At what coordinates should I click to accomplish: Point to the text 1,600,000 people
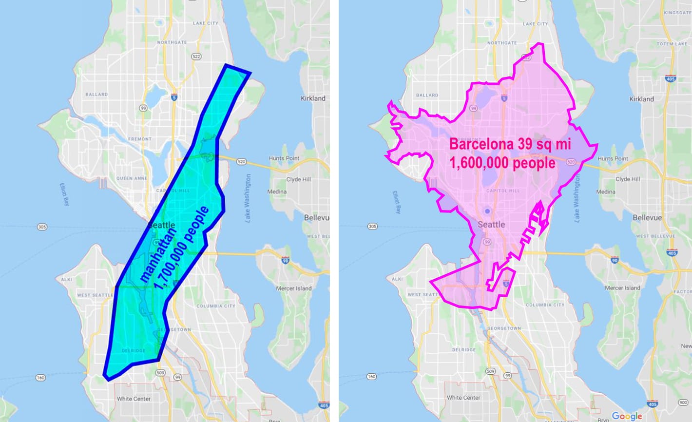point(502,163)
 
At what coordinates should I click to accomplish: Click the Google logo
point(627,416)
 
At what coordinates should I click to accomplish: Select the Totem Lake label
point(672,44)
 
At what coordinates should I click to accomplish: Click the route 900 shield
point(683,403)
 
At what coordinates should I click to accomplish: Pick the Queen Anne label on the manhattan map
point(132,178)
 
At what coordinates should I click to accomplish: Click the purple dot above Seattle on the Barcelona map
point(487,211)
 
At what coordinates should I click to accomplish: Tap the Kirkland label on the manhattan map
point(313,98)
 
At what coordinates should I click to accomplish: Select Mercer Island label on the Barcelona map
point(622,288)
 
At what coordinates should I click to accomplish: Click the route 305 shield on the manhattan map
point(42,227)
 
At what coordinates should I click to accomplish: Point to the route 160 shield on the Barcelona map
point(371,377)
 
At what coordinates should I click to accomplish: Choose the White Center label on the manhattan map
point(134,399)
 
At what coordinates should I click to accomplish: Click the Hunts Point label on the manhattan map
point(284,158)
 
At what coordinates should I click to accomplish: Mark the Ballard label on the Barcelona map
point(427,95)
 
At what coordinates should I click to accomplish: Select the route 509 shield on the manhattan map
point(161,372)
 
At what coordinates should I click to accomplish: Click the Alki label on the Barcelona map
point(397,279)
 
